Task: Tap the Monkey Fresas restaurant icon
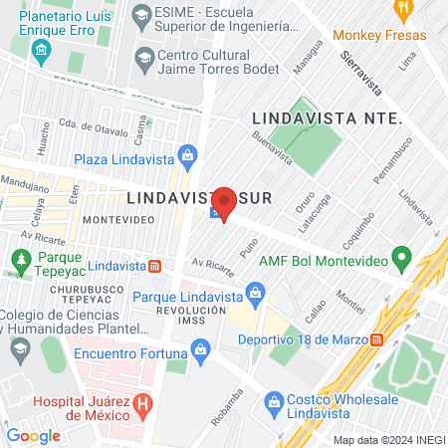point(403,11)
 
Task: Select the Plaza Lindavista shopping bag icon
point(186,155)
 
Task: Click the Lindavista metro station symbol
point(155,267)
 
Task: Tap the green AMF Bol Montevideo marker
point(401,262)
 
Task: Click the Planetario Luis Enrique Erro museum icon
point(40,50)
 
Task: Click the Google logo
point(33,435)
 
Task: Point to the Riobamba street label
point(228,400)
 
